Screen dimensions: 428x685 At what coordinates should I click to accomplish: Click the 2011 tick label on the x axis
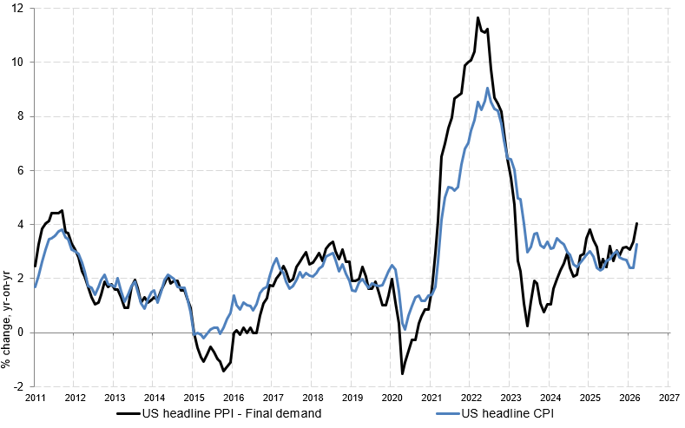(x=35, y=397)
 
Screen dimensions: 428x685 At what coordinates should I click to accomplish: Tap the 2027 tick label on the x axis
(x=669, y=397)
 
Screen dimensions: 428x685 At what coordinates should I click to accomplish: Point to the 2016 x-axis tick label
(x=233, y=397)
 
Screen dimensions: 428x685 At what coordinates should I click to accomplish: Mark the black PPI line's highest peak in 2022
(x=478, y=17)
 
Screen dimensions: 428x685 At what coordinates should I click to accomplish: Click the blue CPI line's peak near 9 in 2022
(x=487, y=88)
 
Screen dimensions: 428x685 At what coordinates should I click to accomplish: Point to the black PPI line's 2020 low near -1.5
(x=403, y=373)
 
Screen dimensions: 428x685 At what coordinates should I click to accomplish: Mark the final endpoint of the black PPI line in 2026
(x=637, y=223)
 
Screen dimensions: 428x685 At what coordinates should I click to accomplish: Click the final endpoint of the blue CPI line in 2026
(x=637, y=244)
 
